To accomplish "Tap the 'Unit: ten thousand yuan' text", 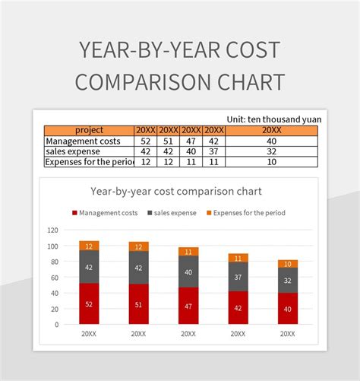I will pos(273,119).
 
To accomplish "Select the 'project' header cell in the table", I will pos(90,130).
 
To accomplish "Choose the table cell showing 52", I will pos(146,141).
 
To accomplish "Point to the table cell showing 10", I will pos(271,162).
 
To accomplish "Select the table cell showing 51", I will pos(169,141).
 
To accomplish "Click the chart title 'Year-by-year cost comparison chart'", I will pos(175,191).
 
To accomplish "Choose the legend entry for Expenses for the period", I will pos(244,213).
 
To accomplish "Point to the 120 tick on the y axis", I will pos(52,230).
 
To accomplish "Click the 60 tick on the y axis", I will pos(55,277).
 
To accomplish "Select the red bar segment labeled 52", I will pos(90,303).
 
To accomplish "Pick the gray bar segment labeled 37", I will pos(238,277).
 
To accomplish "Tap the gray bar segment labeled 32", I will pos(287,280).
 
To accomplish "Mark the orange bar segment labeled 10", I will pos(287,264).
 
